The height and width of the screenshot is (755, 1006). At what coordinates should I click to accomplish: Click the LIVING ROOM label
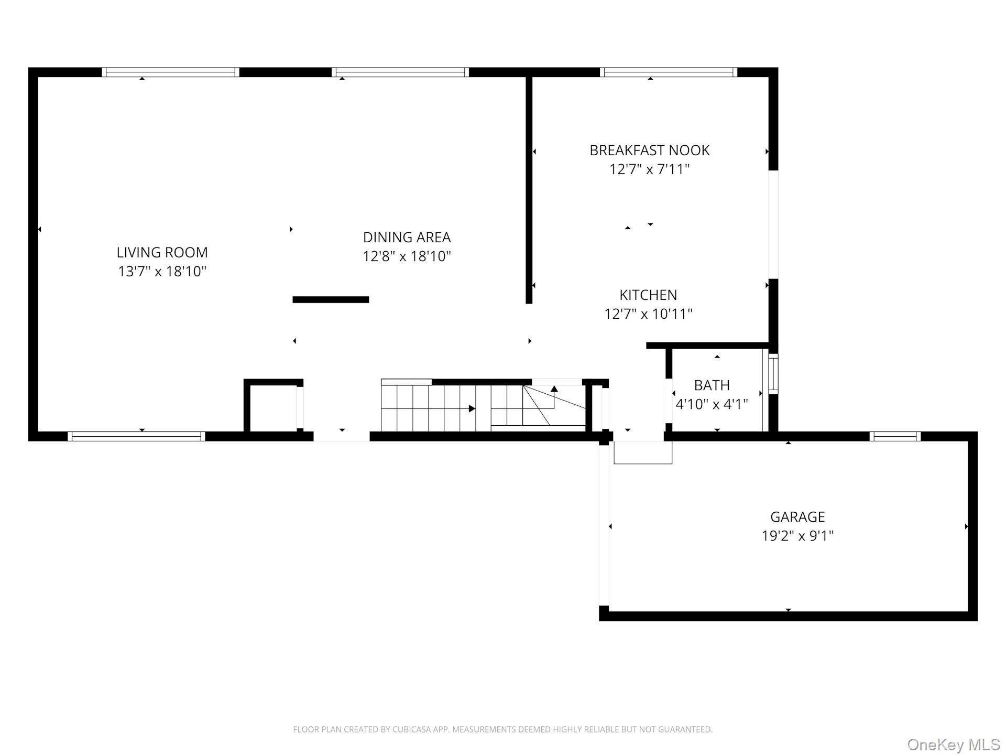(162, 252)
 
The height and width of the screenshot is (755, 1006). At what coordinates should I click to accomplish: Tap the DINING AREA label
(407, 238)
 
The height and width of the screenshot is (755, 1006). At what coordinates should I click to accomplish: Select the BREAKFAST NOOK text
(649, 150)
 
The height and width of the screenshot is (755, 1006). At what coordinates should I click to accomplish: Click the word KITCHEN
(648, 295)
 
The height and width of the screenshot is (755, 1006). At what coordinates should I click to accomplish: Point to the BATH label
(712, 385)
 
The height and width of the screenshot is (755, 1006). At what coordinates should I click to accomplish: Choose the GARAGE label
(797, 517)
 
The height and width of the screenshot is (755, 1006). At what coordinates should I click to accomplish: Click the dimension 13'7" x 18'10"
(162, 272)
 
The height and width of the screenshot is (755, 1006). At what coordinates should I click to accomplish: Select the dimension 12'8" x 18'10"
(407, 256)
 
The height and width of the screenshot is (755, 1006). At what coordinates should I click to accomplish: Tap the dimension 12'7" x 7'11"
(649, 169)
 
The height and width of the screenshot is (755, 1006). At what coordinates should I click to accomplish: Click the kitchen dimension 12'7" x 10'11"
(648, 314)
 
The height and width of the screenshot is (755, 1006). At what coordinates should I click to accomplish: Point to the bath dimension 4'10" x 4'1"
(712, 404)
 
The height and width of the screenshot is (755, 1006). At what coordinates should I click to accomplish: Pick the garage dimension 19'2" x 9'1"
(797, 536)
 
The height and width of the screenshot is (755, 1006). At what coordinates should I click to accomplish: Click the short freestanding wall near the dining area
(331, 300)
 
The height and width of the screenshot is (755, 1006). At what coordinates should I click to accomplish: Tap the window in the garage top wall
(895, 436)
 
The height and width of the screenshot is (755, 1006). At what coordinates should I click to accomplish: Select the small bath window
(773, 374)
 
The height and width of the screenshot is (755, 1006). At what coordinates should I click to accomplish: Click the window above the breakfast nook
(668, 72)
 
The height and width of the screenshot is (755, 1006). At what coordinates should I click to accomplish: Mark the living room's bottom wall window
(136, 436)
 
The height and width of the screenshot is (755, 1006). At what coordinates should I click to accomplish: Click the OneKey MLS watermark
(953, 745)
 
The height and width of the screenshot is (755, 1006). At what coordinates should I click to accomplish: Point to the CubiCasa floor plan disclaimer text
(502, 729)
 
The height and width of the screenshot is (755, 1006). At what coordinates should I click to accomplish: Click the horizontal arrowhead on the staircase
(472, 408)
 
